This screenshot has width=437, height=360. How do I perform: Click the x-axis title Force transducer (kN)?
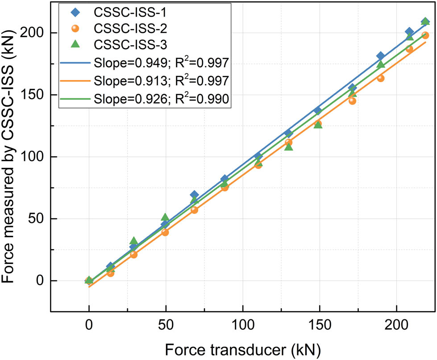(x=242, y=347)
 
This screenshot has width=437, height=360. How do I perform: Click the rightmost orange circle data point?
(x=425, y=35)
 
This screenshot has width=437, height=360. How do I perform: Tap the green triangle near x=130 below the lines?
(x=289, y=147)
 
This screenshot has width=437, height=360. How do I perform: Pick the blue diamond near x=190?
(x=380, y=56)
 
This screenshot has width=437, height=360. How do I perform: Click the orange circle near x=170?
(x=352, y=101)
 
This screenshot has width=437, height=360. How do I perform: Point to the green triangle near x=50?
(x=165, y=217)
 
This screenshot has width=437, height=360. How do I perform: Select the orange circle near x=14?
(x=110, y=273)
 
